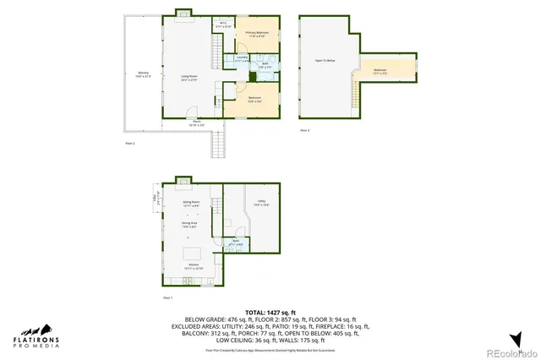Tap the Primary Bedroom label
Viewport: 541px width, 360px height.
256,34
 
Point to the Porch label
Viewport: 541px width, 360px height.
196,123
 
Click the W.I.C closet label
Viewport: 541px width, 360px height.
222,25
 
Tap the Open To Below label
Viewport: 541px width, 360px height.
325,61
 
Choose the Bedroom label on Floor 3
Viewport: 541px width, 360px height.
380,71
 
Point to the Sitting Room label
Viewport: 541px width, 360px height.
191,204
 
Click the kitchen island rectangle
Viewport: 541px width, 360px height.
192,252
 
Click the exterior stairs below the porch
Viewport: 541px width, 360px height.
218,145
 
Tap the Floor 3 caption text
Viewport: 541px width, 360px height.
305,130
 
